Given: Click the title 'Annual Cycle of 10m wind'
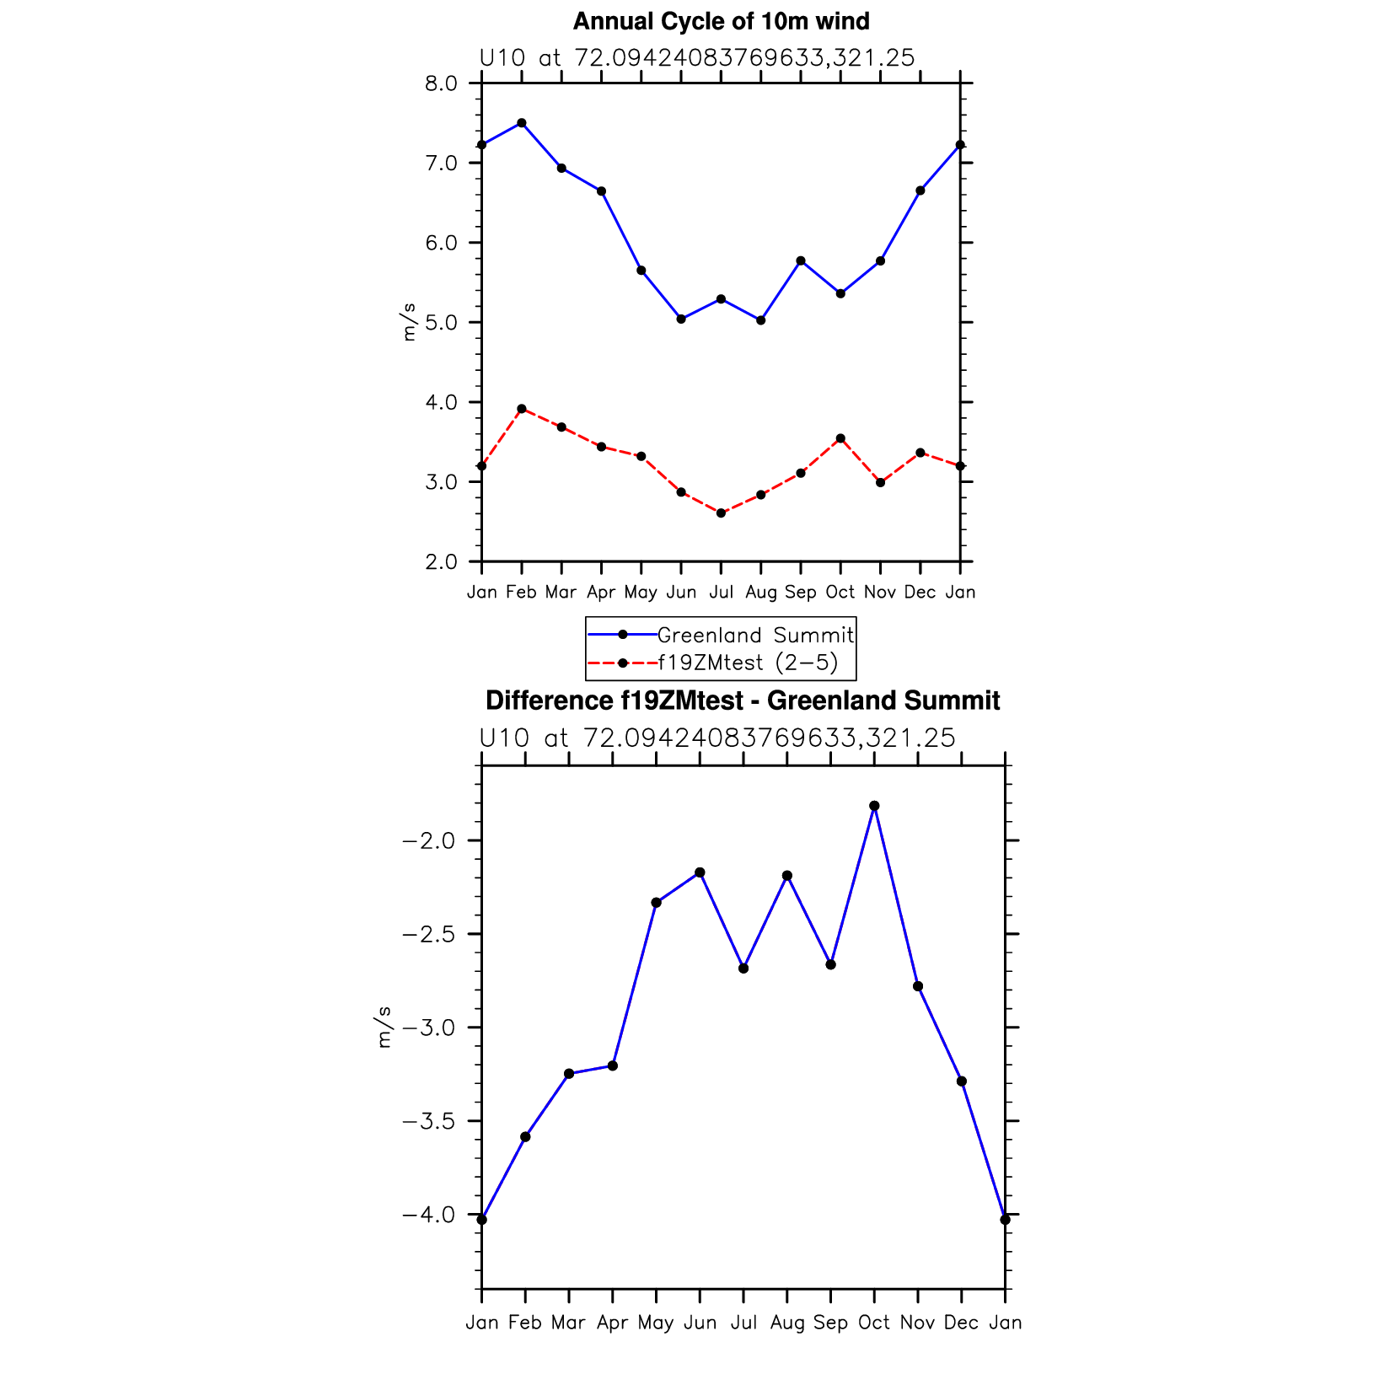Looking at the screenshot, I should [x=721, y=21].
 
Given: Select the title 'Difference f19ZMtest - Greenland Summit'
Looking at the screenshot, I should [x=743, y=700].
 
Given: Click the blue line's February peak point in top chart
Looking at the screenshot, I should [x=522, y=123].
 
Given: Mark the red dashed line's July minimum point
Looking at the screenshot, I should [x=721, y=513].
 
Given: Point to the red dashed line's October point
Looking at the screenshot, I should [x=840, y=438].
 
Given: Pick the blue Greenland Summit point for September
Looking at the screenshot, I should [x=801, y=260].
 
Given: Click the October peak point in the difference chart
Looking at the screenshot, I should [x=874, y=806].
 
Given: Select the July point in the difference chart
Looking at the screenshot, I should [x=743, y=969].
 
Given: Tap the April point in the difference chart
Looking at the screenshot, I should [x=613, y=1066].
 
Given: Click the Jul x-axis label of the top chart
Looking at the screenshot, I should [x=721, y=593].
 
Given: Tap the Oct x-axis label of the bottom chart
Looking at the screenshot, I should [x=874, y=1323].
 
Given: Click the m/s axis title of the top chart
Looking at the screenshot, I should [x=410, y=322].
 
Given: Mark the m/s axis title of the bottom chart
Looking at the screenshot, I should [x=384, y=1027].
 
